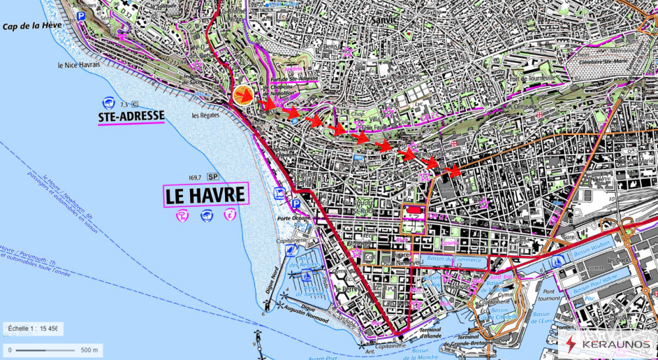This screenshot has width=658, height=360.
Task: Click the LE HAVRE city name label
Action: coord(205,195)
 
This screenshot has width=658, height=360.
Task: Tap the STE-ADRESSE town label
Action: coord(130,116)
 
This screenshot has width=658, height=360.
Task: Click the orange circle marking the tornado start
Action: coord(242,95)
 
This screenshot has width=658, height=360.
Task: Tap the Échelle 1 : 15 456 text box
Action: coord(32,328)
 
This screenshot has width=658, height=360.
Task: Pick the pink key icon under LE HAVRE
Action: coord(182,215)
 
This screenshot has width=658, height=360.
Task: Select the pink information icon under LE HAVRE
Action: coord(230,214)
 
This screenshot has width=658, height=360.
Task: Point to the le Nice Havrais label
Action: coord(79,65)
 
